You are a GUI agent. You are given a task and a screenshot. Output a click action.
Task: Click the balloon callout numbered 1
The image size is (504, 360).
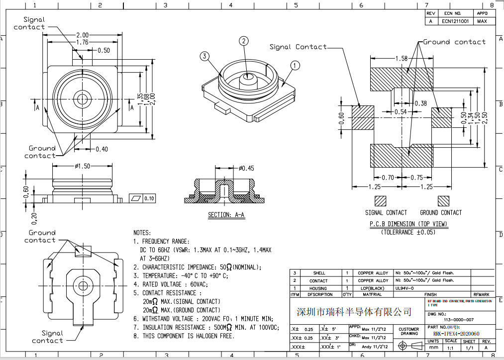coord(295,65)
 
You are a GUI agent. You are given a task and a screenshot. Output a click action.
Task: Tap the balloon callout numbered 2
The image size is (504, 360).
coord(243,41)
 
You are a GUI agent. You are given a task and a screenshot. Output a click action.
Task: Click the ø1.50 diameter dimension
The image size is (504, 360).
coord(82,166)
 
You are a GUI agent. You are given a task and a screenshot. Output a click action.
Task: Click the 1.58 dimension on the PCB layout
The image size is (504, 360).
coord(401,59)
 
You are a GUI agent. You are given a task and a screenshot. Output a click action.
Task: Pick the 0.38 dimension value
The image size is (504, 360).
coord(420,103)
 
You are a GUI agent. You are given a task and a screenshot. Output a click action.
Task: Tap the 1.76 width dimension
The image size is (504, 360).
coord(82,43)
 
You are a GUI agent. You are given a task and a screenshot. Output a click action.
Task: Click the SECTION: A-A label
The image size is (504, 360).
coord(226,215)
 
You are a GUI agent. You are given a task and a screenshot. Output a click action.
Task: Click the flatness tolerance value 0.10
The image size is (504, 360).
coord(149,198)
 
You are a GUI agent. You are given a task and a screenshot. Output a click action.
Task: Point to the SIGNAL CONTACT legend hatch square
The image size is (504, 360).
coord(381,201)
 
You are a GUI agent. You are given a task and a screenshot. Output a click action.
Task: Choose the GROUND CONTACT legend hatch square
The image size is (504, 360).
coord(443,201)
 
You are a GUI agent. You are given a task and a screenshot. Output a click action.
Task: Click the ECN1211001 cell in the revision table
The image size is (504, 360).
coord(456,21)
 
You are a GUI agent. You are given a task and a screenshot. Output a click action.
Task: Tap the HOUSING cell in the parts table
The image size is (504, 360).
coord(318,288)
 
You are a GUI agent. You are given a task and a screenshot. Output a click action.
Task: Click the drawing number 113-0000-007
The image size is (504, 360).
coord(458,319)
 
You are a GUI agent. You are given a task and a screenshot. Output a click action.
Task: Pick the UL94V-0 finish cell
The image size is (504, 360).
coord(405,288)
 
